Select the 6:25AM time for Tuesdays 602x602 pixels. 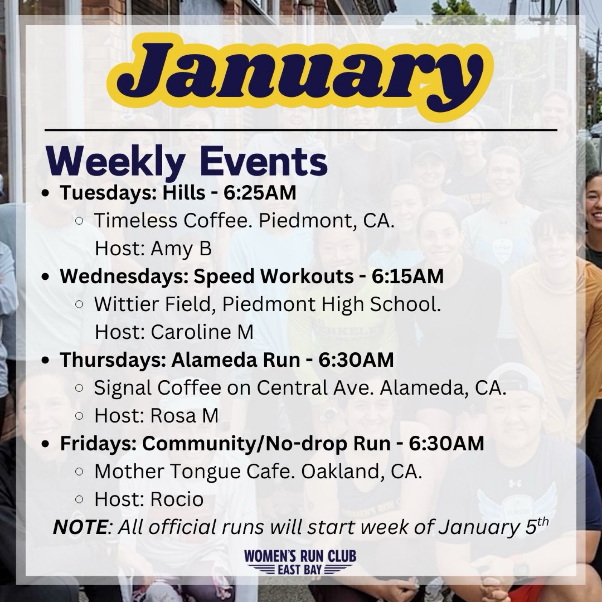(260, 193)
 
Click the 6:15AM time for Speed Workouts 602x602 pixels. (408, 276)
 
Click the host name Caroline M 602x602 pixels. (202, 332)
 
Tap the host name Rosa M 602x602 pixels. (184, 416)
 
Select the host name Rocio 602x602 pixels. (177, 499)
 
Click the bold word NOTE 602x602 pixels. (80, 527)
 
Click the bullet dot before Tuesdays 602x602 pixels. (46, 194)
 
